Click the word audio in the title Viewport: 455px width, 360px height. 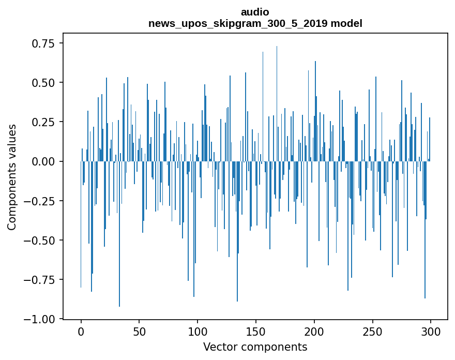[x=255, y=12]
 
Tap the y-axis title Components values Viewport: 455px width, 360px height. [x=12, y=177]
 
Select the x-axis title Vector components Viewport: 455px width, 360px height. [x=255, y=347]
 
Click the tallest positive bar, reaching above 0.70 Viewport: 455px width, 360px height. [x=277, y=103]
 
